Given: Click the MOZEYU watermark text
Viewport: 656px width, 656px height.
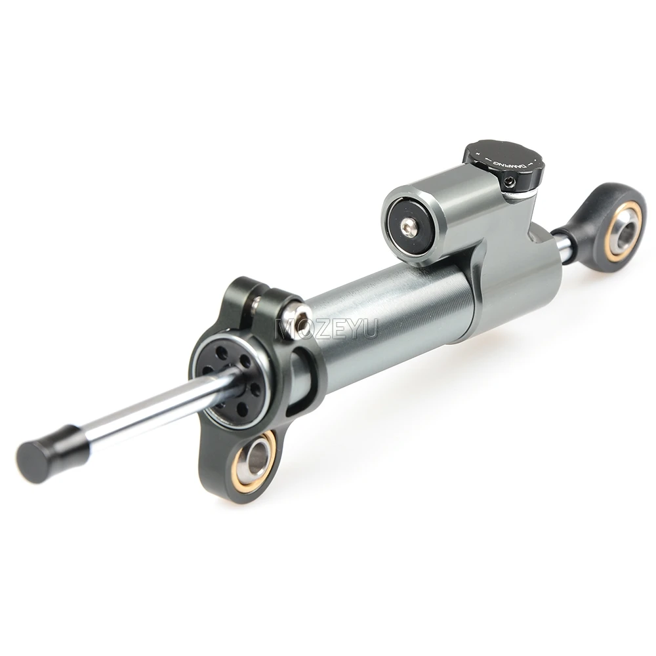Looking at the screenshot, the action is tap(327, 327).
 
